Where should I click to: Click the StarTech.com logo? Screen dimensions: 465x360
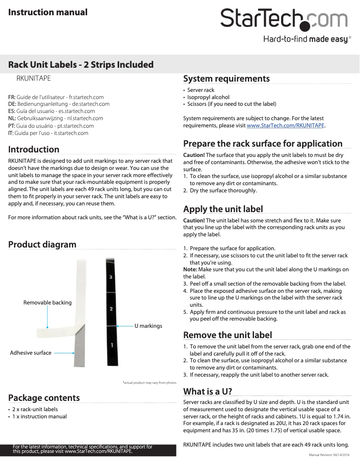(x=284, y=19)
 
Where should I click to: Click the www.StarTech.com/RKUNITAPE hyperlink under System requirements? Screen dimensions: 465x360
(x=285, y=126)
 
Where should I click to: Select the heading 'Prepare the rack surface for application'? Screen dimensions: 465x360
(x=263, y=144)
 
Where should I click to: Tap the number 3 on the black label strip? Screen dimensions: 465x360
(x=111, y=278)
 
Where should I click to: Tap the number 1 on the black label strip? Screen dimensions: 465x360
(x=112, y=345)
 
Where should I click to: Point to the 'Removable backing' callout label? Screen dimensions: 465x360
(x=47, y=303)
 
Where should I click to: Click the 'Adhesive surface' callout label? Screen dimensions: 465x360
(x=31, y=353)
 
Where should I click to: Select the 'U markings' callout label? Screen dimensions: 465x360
(x=148, y=326)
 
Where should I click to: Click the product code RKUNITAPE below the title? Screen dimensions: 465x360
(x=33, y=78)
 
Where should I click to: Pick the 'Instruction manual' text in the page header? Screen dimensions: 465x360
(x=48, y=12)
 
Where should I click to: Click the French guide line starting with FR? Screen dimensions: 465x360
(x=56, y=97)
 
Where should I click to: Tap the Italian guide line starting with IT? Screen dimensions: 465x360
(x=48, y=133)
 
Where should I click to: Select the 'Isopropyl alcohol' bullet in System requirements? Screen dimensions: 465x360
(x=208, y=97)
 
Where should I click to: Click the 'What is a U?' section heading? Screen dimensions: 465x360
(x=207, y=391)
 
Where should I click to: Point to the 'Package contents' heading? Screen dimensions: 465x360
(x=44, y=398)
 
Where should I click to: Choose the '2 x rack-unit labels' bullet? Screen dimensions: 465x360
(x=35, y=409)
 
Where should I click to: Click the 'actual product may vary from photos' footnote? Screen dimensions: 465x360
(x=149, y=383)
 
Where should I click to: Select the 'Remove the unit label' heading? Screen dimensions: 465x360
(x=228, y=335)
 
